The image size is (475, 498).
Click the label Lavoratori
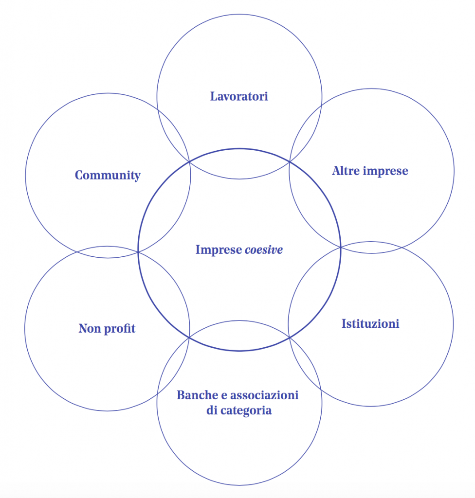click(239, 96)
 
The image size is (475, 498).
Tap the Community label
click(108, 175)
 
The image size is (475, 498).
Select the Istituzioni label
click(370, 323)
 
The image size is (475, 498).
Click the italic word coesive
click(264, 250)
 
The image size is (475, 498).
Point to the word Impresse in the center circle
click(219, 250)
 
